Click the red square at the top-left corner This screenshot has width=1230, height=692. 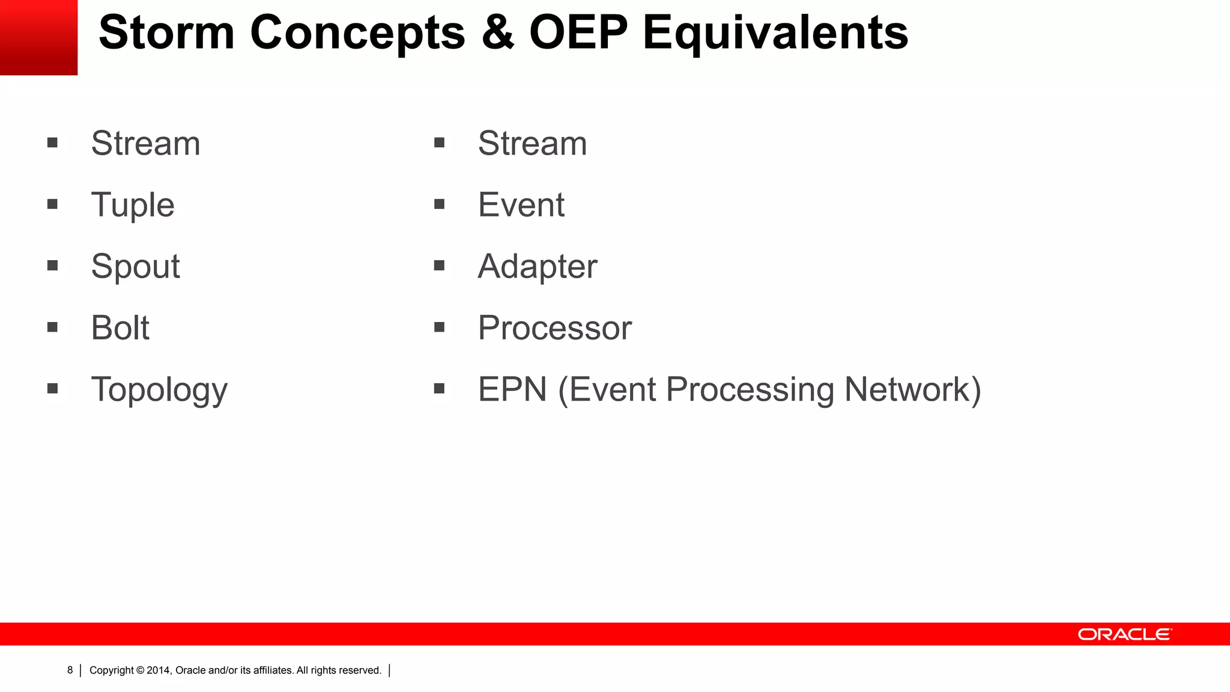pyautogui.click(x=38, y=37)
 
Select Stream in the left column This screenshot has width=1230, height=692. pyautogui.click(x=145, y=144)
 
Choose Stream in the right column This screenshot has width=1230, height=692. pyautogui.click(x=532, y=144)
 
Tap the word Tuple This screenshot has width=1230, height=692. pyautogui.click(x=133, y=205)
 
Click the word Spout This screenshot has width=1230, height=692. pyautogui.click(x=135, y=266)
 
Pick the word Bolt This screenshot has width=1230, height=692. pyautogui.click(x=120, y=328)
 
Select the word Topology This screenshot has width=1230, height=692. pyautogui.click(x=159, y=390)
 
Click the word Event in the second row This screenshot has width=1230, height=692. pyautogui.click(x=521, y=205)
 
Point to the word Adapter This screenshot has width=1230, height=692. pyautogui.click(x=537, y=266)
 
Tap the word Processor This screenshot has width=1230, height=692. pyautogui.click(x=554, y=328)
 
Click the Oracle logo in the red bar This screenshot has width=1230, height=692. pyautogui.click(x=1124, y=634)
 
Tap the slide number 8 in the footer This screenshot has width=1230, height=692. pyautogui.click(x=70, y=670)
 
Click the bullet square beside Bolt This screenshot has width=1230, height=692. pyautogui.click(x=52, y=327)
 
